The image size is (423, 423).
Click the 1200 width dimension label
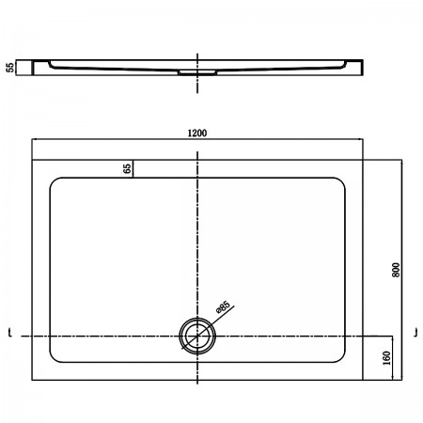[x=197, y=133]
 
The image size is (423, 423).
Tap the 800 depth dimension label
[x=396, y=270]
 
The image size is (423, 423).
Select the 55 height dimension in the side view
[x=10, y=68]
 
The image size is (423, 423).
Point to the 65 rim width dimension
[x=127, y=168]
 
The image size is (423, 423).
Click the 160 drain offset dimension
[x=387, y=358]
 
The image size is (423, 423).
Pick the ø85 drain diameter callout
[x=223, y=307]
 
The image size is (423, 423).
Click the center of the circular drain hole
[x=197, y=336]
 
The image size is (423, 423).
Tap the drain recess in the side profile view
[x=197, y=72]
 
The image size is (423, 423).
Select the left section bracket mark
[x=10, y=333]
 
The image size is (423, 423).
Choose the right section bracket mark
[x=415, y=333]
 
